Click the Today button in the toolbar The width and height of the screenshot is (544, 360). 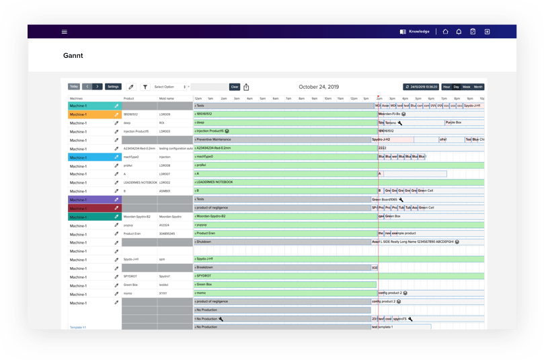[74, 87]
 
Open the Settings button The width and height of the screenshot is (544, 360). [113, 87]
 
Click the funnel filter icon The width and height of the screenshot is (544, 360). [145, 87]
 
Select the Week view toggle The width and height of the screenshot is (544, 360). [466, 87]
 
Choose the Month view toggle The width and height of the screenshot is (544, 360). [478, 87]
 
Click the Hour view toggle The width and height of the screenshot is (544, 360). [446, 87]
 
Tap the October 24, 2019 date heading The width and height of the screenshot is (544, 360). [319, 87]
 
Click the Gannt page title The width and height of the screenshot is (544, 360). [73, 55]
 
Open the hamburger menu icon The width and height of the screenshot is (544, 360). [65, 32]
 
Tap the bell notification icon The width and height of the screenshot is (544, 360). [459, 32]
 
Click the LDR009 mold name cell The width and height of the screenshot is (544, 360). [165, 114]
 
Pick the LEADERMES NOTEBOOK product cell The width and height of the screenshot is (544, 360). [140, 182]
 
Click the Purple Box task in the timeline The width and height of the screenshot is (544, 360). [455, 123]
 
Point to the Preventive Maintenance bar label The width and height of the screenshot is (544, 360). [214, 140]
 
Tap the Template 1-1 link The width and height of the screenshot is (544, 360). [77, 327]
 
